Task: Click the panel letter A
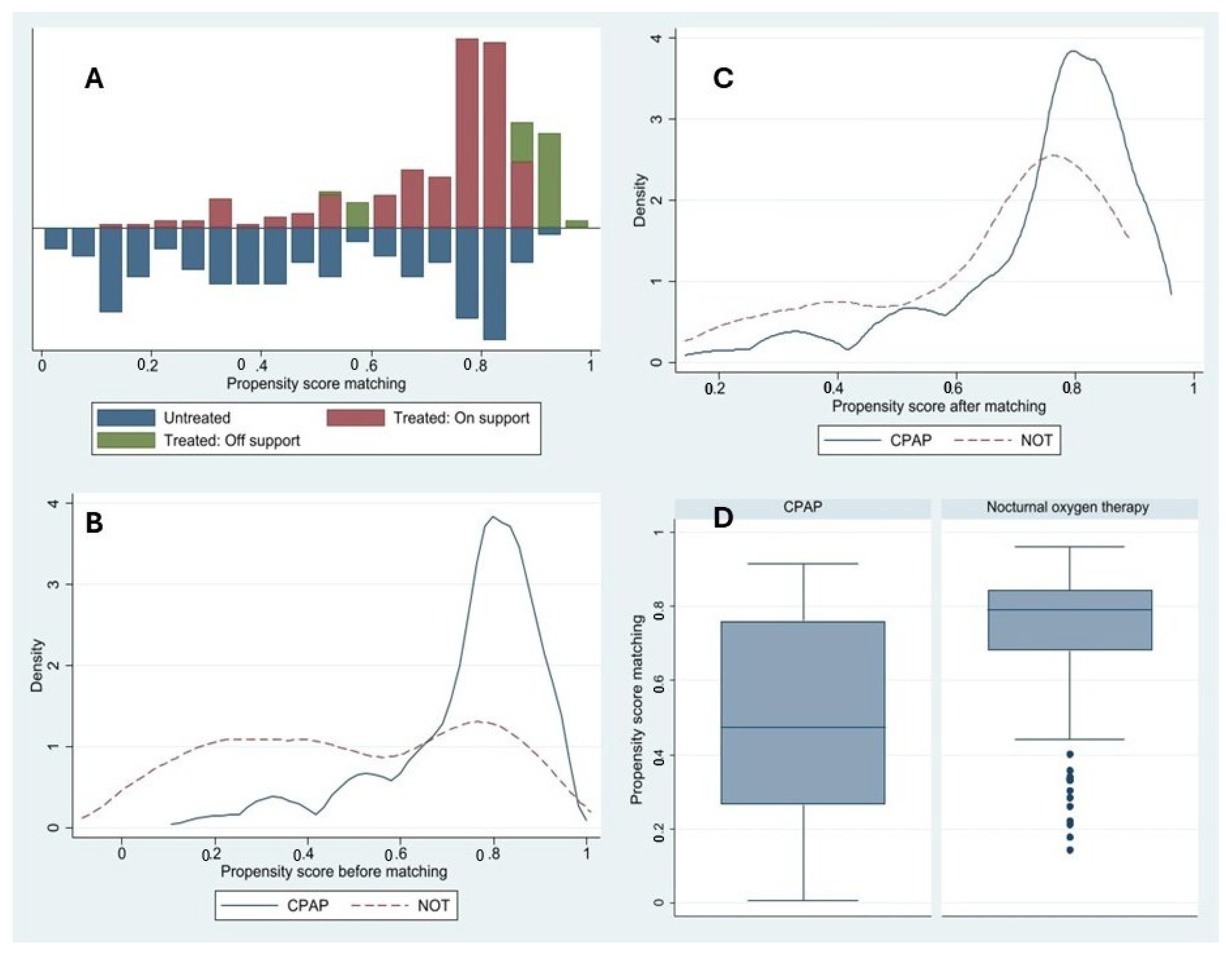(94, 78)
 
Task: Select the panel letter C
(723, 78)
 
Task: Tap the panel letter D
(723, 518)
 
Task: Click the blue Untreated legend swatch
(126, 417)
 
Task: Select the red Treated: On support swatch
(356, 417)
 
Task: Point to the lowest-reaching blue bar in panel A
(494, 284)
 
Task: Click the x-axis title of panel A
(316, 384)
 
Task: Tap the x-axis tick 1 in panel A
(590, 365)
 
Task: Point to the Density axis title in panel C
(640, 200)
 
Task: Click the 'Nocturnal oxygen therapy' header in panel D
(1067, 507)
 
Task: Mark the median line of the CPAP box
(802, 727)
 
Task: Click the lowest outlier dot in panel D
(1070, 850)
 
